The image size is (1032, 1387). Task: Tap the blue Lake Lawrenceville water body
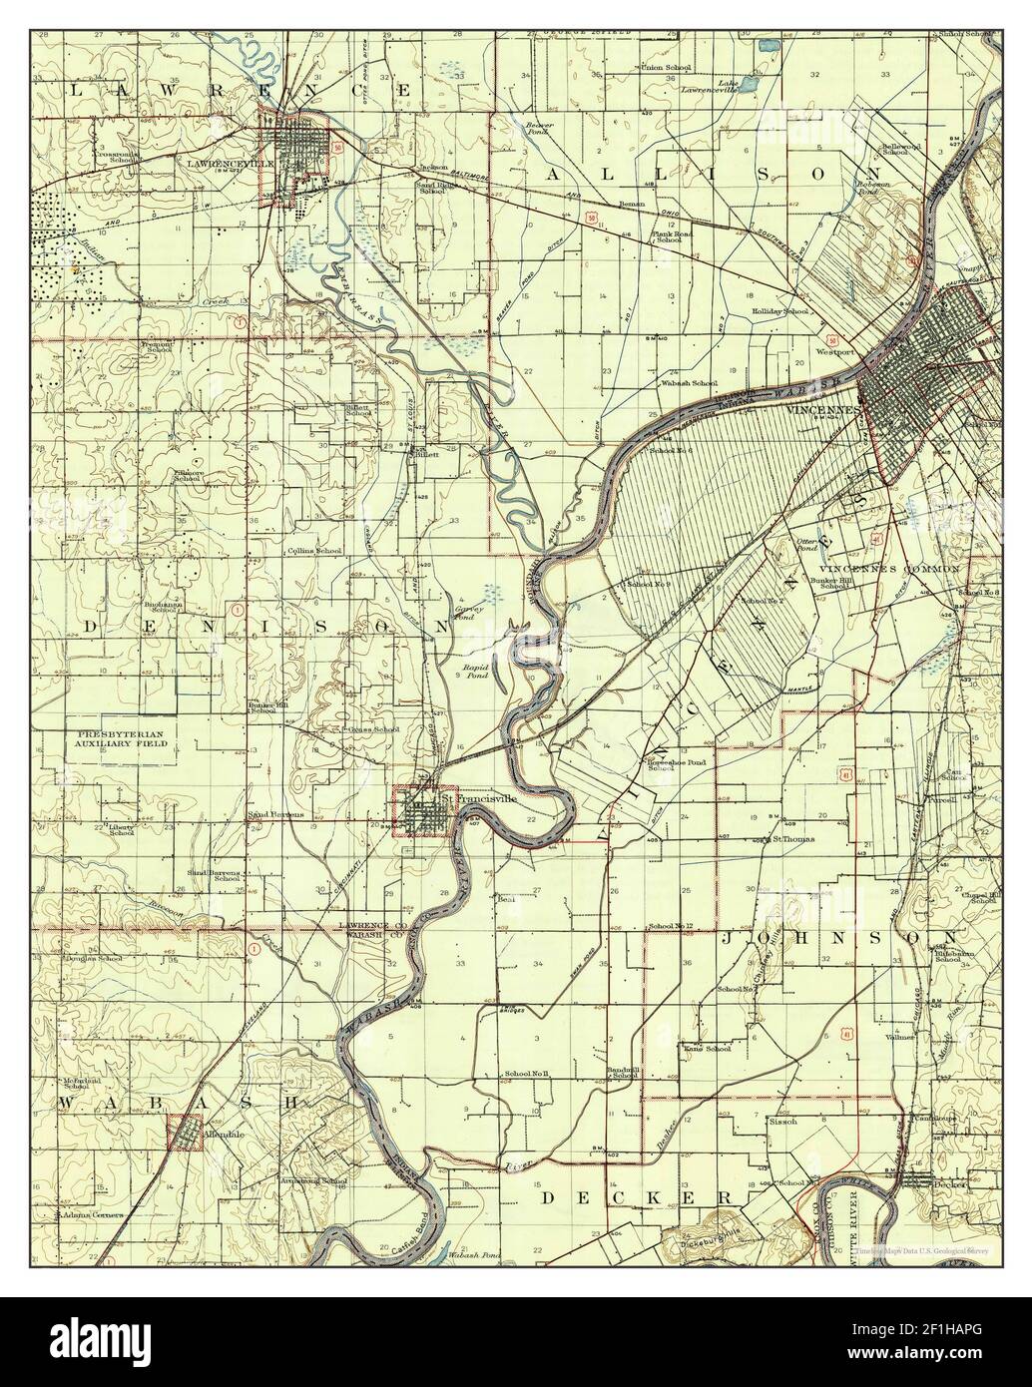click(767, 46)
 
